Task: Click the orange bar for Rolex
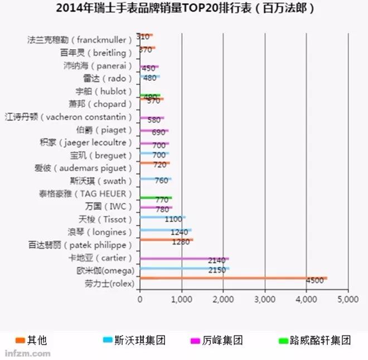coord(233,277)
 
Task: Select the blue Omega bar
coord(184,268)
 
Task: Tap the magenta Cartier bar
coord(184,258)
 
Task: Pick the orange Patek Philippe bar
coord(166,239)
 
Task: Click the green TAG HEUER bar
coord(156,198)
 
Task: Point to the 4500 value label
coord(315,281)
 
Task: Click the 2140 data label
coord(216,261)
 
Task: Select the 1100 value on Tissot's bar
coord(173,219)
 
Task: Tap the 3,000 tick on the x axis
coord(265,299)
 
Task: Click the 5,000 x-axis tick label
coord(348,299)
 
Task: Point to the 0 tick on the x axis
coord(139,299)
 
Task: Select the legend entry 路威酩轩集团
coord(321,340)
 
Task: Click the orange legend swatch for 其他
coord(20,340)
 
